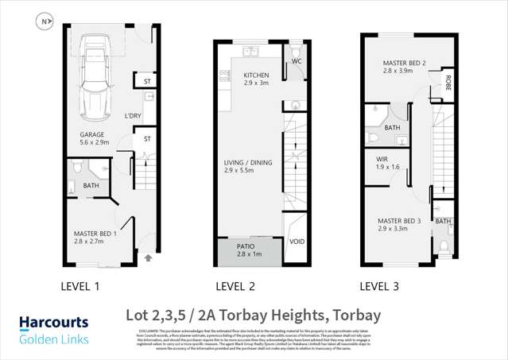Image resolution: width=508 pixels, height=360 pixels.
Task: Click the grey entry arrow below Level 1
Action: (148, 257)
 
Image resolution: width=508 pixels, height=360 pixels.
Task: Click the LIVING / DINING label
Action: (248, 163)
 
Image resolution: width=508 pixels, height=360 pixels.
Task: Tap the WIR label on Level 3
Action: (382, 160)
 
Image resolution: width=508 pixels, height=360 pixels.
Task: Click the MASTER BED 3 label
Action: (400, 221)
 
